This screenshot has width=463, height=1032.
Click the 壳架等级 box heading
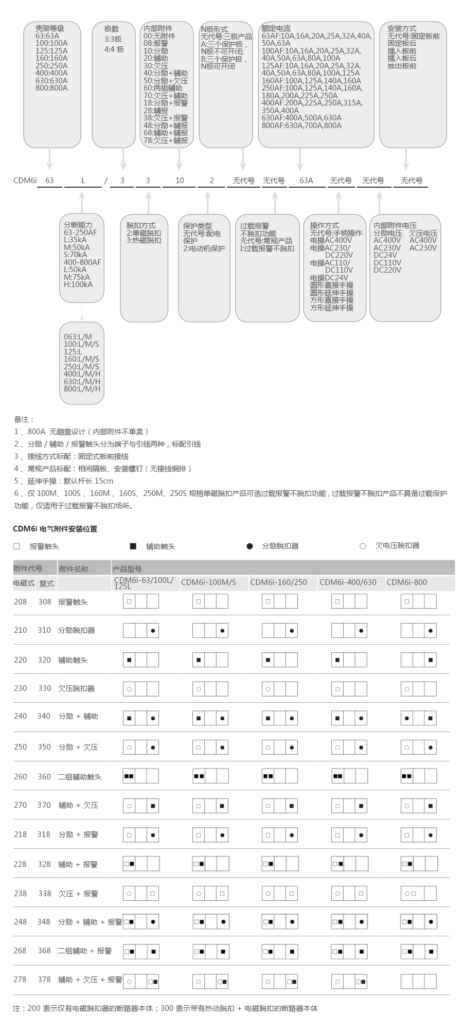50,29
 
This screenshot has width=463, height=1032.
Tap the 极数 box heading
112,29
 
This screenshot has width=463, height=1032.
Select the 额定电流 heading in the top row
276,29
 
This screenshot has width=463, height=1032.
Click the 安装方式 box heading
402,29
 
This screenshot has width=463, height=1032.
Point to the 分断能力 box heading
78,225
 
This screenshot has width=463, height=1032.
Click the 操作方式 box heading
324,225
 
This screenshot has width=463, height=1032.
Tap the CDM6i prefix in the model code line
25,181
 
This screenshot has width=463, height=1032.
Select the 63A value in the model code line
306,181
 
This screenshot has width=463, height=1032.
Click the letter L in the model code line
83,181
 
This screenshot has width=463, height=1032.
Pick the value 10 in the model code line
180,181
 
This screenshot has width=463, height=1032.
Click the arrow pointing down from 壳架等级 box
50,159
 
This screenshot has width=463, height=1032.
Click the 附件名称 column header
74,568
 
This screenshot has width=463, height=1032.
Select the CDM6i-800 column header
406,582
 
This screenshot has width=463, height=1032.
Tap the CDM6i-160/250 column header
278,582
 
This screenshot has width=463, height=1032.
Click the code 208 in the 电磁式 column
21,601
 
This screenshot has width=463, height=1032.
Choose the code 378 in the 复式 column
45,980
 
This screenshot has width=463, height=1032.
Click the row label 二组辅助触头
80,777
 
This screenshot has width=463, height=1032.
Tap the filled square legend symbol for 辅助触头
133,546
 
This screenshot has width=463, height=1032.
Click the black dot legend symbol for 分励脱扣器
250,546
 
